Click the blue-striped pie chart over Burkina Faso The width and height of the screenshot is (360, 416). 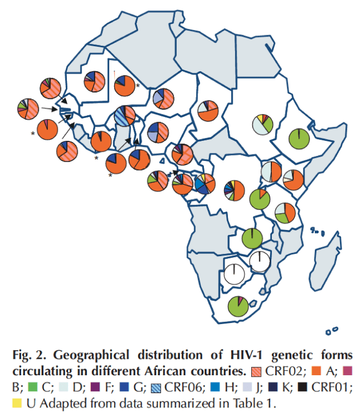click(x=125, y=115)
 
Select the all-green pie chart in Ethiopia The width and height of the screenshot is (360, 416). click(x=299, y=138)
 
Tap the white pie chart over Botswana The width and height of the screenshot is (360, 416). click(x=234, y=272)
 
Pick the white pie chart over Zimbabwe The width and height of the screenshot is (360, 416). click(x=259, y=261)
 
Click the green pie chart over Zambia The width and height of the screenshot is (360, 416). click(x=252, y=239)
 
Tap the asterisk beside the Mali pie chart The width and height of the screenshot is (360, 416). click(x=138, y=86)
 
